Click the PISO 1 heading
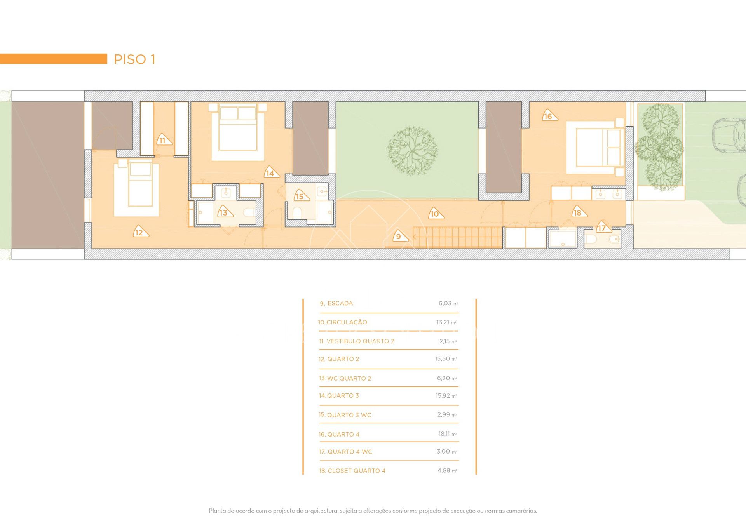pyautogui.click(x=134, y=59)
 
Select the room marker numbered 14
pyautogui.click(x=271, y=172)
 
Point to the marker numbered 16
pyautogui.click(x=549, y=115)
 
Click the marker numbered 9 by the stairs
pyautogui.click(x=399, y=236)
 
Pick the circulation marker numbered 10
pyautogui.click(x=436, y=213)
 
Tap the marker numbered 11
pyautogui.click(x=163, y=140)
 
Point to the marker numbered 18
pyautogui.click(x=579, y=212)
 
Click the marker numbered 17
pyautogui.click(x=603, y=227)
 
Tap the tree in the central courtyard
pyautogui.click(x=412, y=151)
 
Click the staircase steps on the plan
pyautogui.click(x=457, y=237)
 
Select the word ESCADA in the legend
pyautogui.click(x=340, y=303)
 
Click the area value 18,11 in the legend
pyautogui.click(x=444, y=434)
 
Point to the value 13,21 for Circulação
pyautogui.click(x=443, y=322)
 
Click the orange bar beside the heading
pyautogui.click(x=54, y=59)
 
